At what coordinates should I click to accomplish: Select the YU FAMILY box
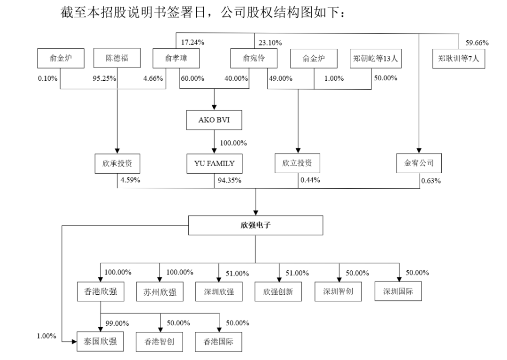point(214,164)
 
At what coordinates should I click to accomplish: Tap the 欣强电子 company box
point(255,225)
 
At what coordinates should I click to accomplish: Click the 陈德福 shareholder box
point(117,59)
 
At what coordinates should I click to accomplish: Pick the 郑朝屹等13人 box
point(377,59)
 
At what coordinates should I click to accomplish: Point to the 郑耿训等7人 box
point(459,59)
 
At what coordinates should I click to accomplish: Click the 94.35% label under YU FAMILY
point(230,180)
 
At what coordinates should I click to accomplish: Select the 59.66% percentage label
point(477,43)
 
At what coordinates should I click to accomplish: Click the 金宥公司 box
point(419,164)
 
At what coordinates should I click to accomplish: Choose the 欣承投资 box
point(117,164)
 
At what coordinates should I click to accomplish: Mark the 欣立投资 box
point(297,164)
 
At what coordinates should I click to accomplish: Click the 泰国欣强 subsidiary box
point(100,341)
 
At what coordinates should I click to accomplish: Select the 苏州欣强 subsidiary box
point(160,292)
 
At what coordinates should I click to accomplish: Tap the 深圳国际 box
point(399,291)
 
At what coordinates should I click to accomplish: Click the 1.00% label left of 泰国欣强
point(46,336)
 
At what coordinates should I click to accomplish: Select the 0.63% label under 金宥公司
point(431,181)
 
